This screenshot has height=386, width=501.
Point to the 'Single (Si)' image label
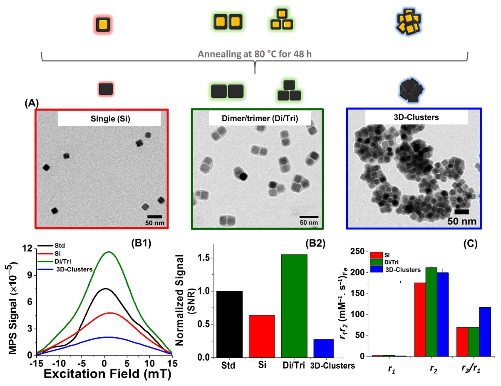[x=109, y=119]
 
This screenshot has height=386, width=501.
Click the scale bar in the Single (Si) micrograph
[x=154, y=217]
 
